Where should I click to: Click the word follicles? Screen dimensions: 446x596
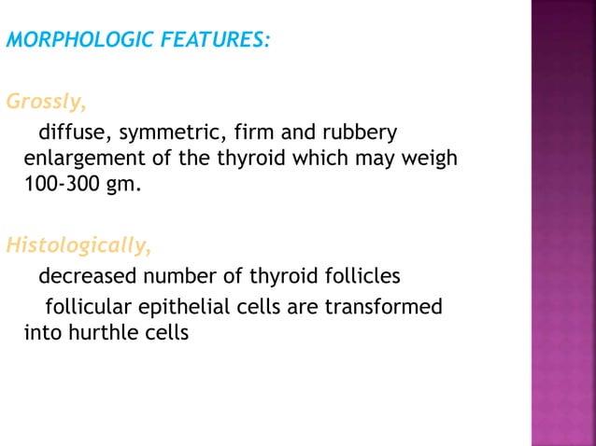point(365,277)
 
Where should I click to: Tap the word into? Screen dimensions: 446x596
point(41,331)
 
